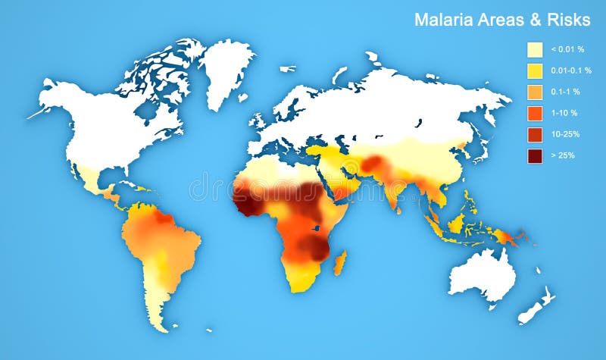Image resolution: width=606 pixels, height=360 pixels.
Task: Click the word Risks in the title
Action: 567,20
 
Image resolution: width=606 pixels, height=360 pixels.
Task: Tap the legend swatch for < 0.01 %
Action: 535,49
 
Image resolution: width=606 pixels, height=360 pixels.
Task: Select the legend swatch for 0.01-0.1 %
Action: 535,70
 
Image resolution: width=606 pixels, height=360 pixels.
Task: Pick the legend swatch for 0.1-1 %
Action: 535,92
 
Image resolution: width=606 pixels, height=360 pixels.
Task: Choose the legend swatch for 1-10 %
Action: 535,113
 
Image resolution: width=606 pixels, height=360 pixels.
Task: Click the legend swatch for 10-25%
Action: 535,134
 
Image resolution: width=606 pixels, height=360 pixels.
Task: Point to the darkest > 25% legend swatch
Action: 535,155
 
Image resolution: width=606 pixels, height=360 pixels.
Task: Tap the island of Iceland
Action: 287,69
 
